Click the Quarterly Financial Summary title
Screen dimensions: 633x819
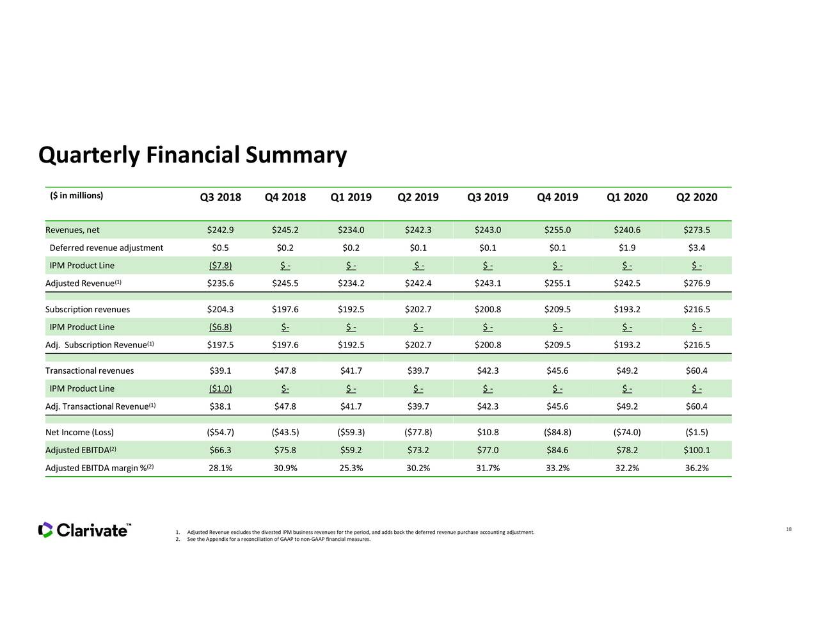[x=192, y=156]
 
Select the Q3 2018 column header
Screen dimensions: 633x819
[x=220, y=197]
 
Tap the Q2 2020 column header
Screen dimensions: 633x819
[x=696, y=197]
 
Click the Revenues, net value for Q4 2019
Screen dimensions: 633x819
[x=557, y=230]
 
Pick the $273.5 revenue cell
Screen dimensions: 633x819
[x=696, y=230]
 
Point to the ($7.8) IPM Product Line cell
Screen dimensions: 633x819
[x=220, y=266]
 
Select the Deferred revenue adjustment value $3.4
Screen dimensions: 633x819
[x=696, y=248]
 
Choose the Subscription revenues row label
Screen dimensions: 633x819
[x=88, y=310]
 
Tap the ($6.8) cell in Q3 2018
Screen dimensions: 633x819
[x=220, y=327]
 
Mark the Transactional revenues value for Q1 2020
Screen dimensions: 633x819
[x=626, y=371]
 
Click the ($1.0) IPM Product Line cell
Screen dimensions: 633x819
[x=220, y=389]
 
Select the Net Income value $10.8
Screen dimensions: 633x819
[x=488, y=432]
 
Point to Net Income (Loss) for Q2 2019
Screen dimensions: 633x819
[x=418, y=432]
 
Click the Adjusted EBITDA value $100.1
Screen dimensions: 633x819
[x=696, y=450]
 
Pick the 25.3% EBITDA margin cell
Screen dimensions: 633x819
[x=351, y=468]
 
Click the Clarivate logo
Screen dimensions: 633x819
[x=84, y=530]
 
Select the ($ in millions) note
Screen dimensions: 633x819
[x=76, y=195]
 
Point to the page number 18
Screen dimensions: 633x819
[x=788, y=529]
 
